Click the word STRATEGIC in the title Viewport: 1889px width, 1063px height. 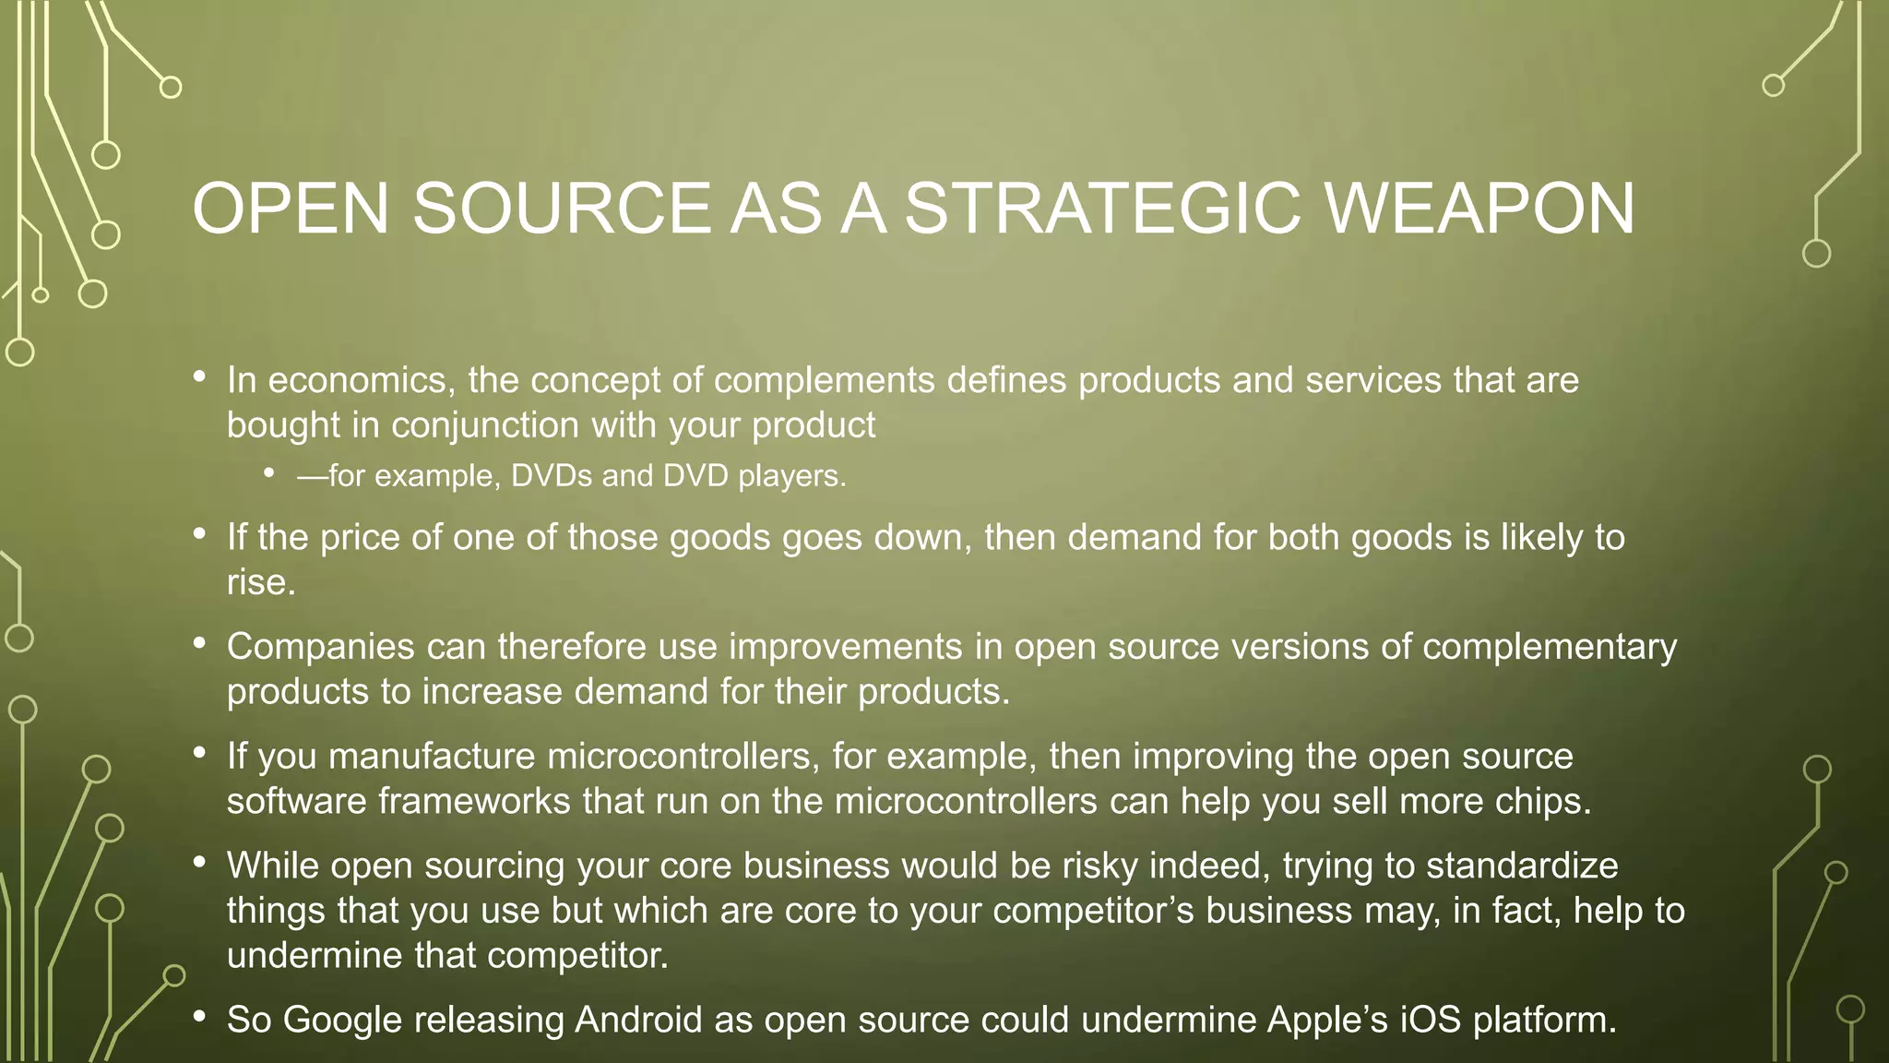[1101, 209]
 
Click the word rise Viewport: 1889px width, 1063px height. [261, 583]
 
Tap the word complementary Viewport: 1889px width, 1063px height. [1550, 647]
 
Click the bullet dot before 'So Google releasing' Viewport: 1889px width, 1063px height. [199, 1017]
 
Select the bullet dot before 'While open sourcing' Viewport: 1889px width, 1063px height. [199, 864]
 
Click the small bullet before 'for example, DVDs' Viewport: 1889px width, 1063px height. [268, 473]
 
